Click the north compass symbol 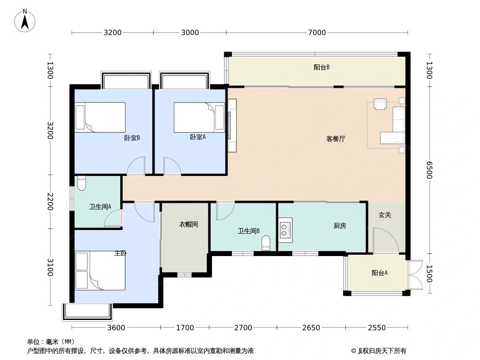(x=25, y=20)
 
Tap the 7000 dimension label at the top (x=317, y=32)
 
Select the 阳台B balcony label (x=322, y=67)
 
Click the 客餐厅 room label (x=335, y=139)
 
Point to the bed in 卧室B (x=100, y=117)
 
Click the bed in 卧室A (x=199, y=117)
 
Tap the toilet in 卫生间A (x=82, y=183)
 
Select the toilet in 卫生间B (x=266, y=243)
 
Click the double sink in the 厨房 (x=285, y=230)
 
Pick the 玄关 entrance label (x=385, y=215)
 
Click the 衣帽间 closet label (x=188, y=224)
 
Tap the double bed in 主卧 (x=100, y=270)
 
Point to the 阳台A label (x=380, y=273)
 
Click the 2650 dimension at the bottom (x=311, y=328)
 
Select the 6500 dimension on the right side (x=429, y=170)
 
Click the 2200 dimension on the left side (x=50, y=202)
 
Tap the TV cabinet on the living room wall (x=232, y=126)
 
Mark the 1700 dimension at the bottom (x=185, y=328)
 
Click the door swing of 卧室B (x=136, y=166)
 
